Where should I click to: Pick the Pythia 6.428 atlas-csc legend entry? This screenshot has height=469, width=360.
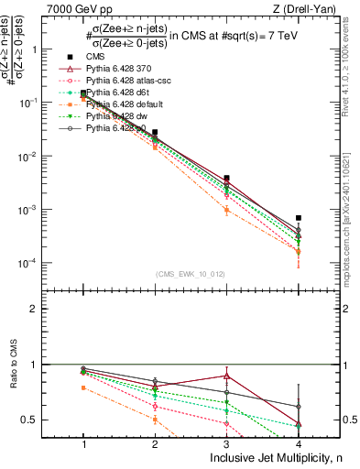pos(119,81)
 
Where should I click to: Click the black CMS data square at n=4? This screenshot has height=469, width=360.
pos(299,218)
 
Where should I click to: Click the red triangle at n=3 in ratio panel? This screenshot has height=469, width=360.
pos(226,376)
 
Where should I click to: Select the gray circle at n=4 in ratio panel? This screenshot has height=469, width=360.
pos(299,406)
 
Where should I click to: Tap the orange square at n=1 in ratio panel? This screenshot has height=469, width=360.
pos(83,387)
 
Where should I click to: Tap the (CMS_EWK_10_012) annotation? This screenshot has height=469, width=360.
pos(191,273)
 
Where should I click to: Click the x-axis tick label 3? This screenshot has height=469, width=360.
pos(226,443)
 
